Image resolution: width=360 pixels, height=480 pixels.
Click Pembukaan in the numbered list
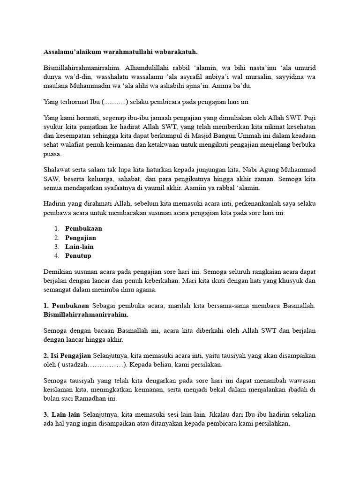[84, 229]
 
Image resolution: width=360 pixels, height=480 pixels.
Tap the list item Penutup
[78, 255]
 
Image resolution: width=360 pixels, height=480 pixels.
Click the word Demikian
[59, 271]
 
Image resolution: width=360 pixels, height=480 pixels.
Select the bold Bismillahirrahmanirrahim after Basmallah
[86, 315]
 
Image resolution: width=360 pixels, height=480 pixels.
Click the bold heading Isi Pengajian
[71, 355]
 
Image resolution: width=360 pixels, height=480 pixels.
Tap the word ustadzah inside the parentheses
[77, 364]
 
